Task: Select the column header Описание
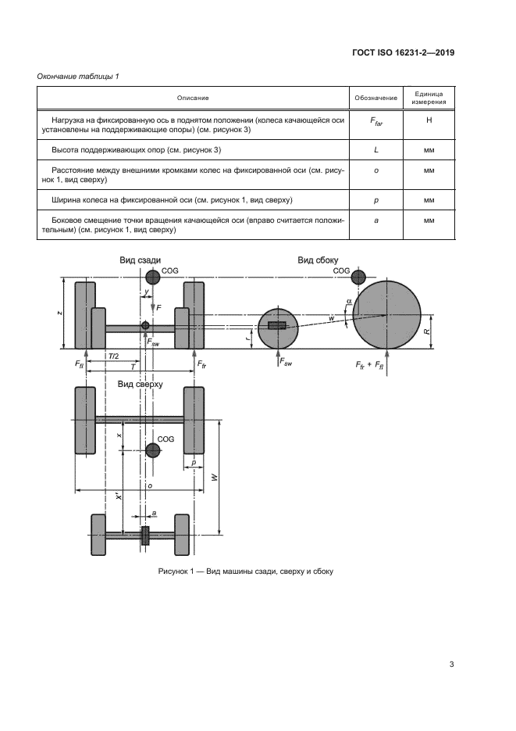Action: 193,98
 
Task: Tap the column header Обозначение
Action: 376,98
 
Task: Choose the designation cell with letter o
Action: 376,174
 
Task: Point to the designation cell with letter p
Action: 376,201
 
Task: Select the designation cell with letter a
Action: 376,225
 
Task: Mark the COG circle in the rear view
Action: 151,277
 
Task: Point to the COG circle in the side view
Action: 358,276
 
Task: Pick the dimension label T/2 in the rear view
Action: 114,357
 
